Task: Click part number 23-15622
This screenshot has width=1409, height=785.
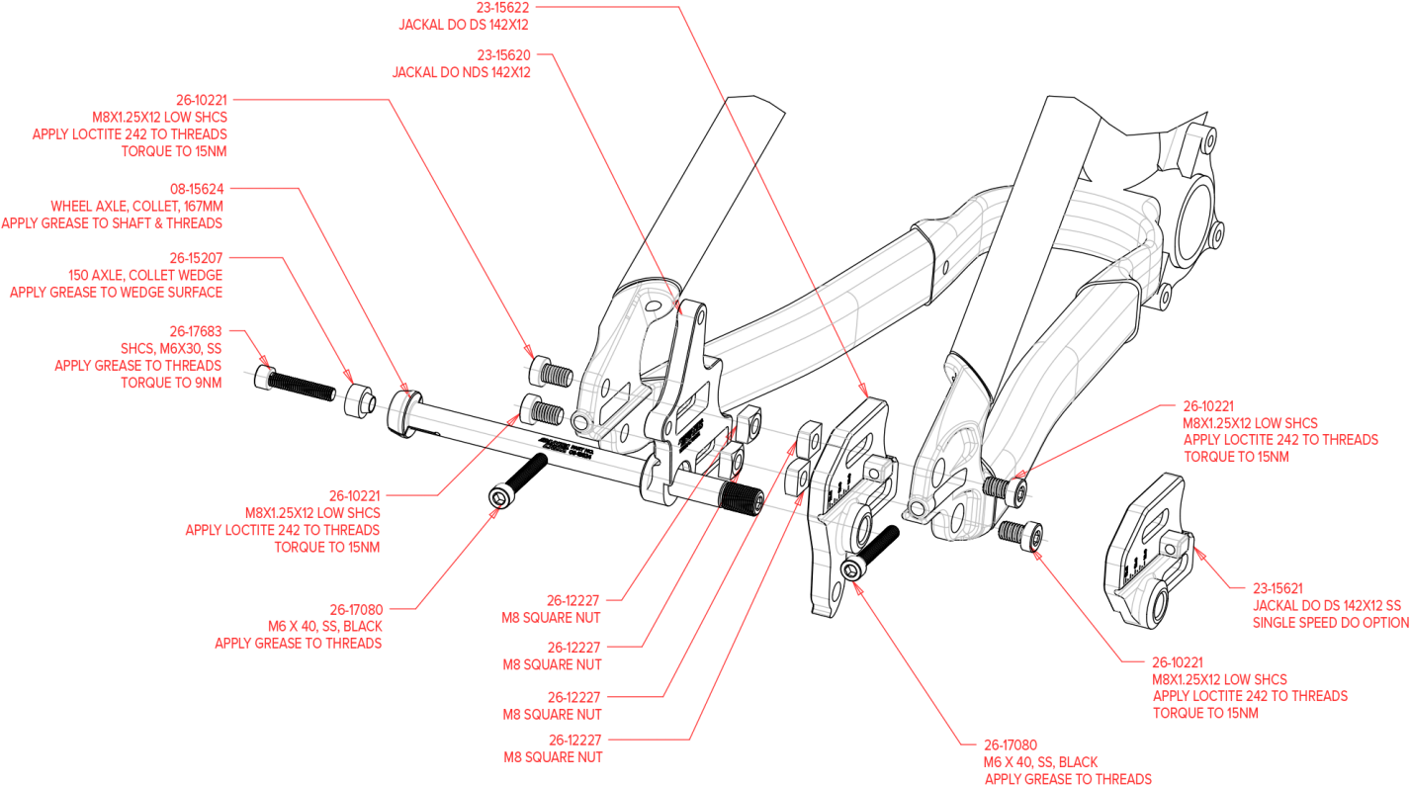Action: pos(502,7)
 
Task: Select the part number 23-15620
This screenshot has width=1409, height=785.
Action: pos(503,55)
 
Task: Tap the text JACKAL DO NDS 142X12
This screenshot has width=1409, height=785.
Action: pos(461,72)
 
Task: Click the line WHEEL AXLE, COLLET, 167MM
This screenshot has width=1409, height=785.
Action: pos(137,206)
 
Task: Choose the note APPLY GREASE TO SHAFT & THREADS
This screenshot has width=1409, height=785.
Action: pos(112,223)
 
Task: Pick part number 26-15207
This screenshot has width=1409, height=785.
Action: pos(196,257)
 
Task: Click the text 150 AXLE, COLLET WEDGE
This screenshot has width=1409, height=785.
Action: pos(145,275)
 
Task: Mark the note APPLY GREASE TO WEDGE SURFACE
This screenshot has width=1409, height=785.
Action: pos(116,292)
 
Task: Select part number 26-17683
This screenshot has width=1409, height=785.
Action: pos(195,331)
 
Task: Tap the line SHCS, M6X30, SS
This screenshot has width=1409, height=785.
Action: pos(170,349)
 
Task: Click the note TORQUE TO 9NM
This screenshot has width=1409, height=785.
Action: pos(171,383)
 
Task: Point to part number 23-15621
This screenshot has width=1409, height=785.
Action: pos(1277,587)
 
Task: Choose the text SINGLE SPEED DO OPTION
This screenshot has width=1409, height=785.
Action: pos(1331,623)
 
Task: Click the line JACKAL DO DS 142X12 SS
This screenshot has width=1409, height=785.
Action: pos(1327,605)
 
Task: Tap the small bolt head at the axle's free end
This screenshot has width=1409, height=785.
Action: pos(271,377)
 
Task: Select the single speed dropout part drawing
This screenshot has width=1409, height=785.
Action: pos(1152,573)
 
